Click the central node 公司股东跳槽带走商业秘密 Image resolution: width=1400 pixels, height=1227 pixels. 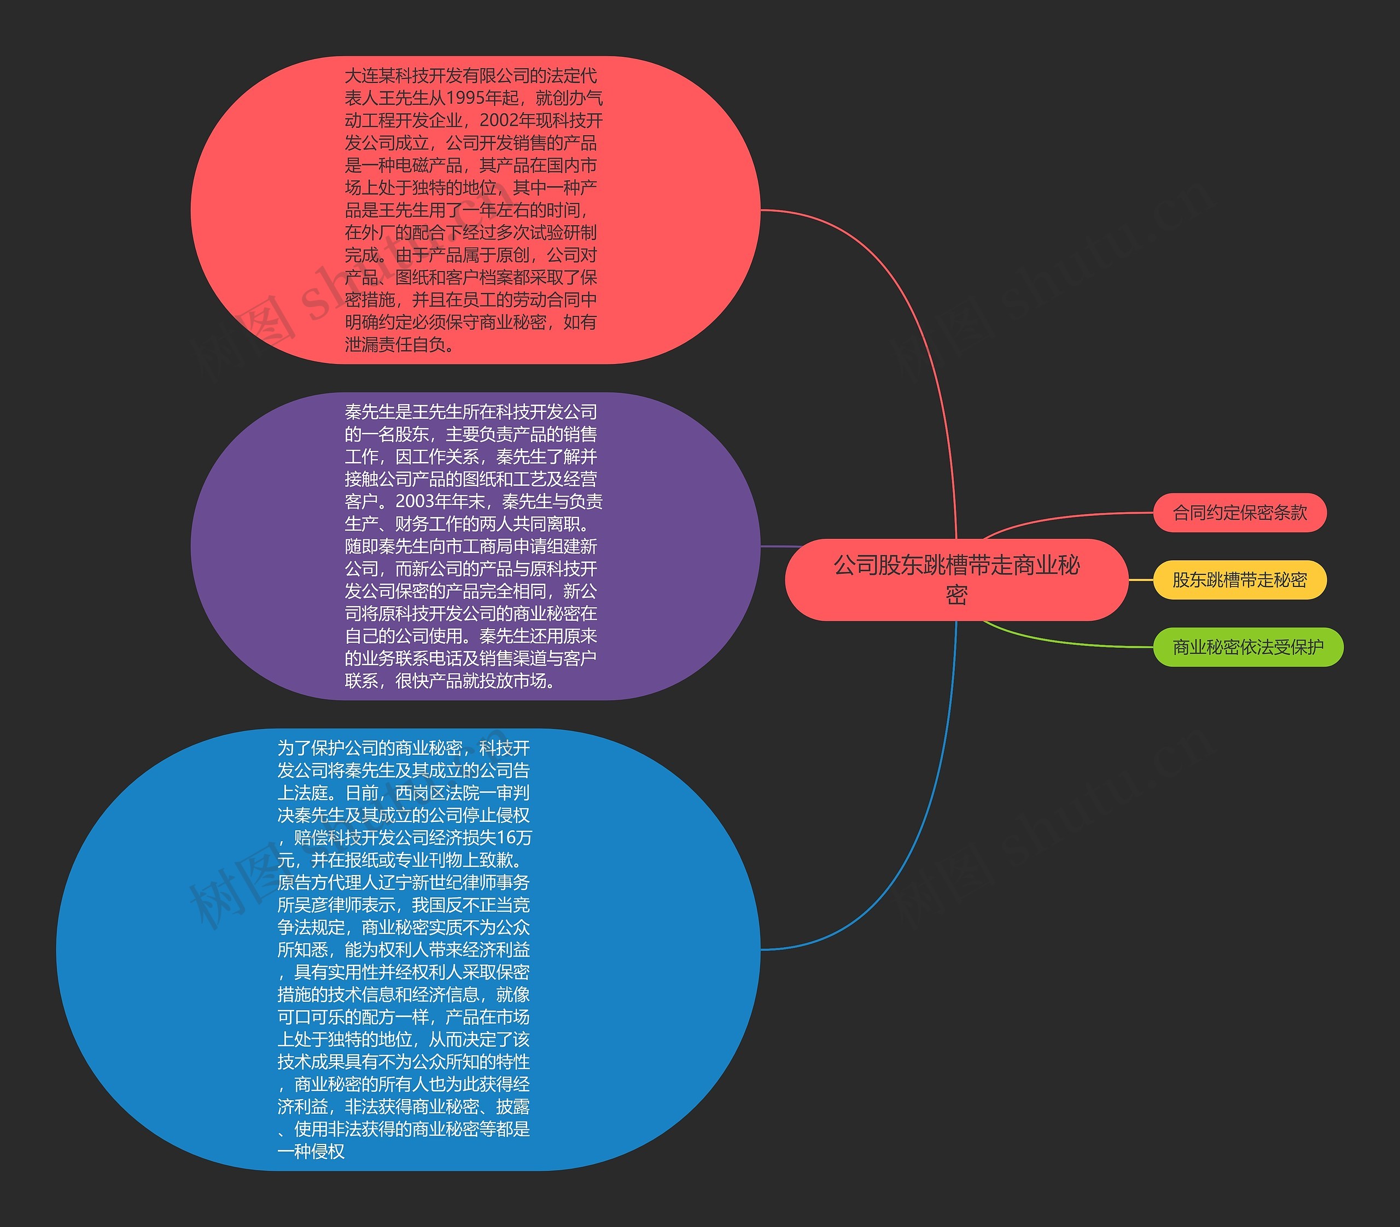[x=956, y=579]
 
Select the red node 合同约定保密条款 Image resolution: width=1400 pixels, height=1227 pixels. [x=1240, y=512]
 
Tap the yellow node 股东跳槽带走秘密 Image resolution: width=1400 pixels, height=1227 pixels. [x=1240, y=580]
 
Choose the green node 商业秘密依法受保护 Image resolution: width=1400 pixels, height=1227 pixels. [x=1248, y=647]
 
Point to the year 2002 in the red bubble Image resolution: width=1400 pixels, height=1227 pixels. [x=499, y=120]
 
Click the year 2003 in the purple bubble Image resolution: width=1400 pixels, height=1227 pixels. [x=415, y=501]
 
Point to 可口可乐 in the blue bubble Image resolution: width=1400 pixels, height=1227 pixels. [x=311, y=1017]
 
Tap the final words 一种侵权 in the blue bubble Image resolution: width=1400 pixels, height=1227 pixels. [x=311, y=1151]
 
